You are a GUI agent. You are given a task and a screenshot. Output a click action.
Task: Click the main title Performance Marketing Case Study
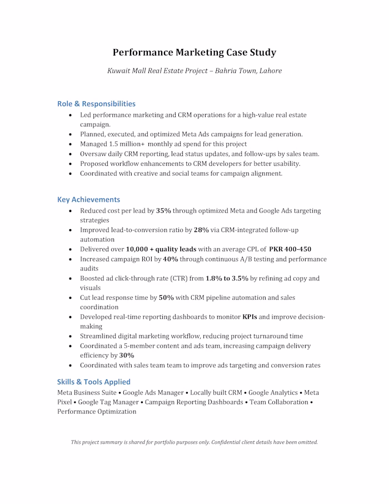tap(194, 53)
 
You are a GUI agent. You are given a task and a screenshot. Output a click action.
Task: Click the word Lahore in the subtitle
tap(270, 71)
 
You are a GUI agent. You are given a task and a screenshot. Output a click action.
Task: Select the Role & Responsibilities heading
tap(96, 103)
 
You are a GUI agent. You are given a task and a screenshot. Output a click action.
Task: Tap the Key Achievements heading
tap(88, 199)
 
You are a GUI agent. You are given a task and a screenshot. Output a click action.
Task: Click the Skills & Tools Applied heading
tap(93, 382)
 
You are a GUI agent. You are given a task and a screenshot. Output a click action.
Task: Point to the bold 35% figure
tap(163, 211)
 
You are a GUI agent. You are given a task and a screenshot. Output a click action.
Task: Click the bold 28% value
tap(201, 230)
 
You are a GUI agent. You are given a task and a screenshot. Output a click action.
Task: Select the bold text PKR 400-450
tap(290, 249)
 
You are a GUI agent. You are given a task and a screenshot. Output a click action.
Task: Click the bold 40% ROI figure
tap(171, 259)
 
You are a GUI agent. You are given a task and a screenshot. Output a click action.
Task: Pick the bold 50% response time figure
tap(167, 298)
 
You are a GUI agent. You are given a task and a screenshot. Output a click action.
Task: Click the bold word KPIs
tap(250, 317)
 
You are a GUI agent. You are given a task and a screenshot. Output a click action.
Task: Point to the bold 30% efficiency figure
tap(127, 355)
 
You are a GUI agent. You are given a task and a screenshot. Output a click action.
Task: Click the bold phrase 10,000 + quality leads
tap(161, 249)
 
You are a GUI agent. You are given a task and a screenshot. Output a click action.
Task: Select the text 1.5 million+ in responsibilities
tap(123, 144)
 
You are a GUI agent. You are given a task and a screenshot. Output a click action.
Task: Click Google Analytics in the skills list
tap(276, 392)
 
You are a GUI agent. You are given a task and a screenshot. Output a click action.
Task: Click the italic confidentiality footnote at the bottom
tap(194, 442)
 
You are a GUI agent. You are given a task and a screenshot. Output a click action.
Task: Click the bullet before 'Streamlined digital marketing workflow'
tap(70, 337)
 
